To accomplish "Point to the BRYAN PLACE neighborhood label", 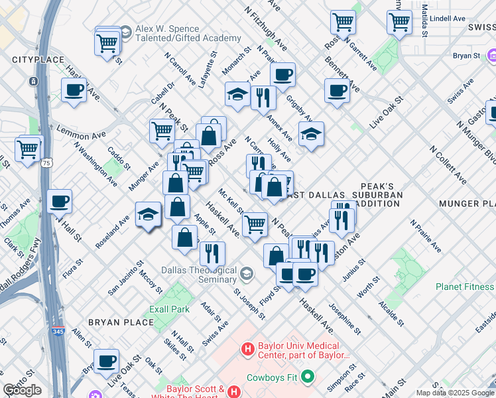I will click(131, 322).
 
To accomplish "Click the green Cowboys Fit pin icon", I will click(306, 377).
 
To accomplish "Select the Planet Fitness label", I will click(464, 287).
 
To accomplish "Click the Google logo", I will click(22, 390).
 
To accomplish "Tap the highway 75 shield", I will click(46, 162).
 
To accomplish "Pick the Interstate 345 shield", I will click(60, 330).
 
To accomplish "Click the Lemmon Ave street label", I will click(82, 135).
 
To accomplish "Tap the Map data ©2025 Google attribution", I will click(454, 393).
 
